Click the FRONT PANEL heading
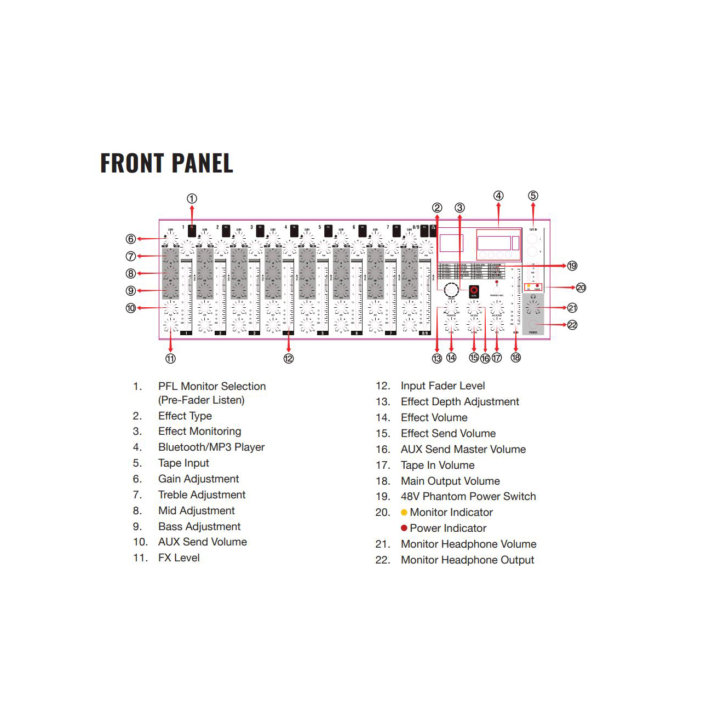click(x=166, y=163)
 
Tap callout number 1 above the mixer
click(x=192, y=199)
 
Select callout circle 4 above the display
click(x=498, y=196)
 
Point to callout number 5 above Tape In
click(x=533, y=196)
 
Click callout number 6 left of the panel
click(x=131, y=239)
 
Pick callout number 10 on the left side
click(x=131, y=308)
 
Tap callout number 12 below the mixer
click(x=289, y=359)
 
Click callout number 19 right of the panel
click(x=572, y=266)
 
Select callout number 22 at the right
click(x=572, y=325)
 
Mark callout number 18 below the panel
click(x=515, y=358)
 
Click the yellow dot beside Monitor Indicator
click(x=404, y=513)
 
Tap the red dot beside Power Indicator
click(x=404, y=528)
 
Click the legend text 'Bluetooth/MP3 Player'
click(x=211, y=447)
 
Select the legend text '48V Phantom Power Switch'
click(x=468, y=497)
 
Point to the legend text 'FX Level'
click(x=179, y=558)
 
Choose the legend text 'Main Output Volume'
click(x=450, y=481)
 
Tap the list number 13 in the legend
click(x=383, y=402)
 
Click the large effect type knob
click(x=451, y=290)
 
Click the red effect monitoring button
click(x=474, y=291)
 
